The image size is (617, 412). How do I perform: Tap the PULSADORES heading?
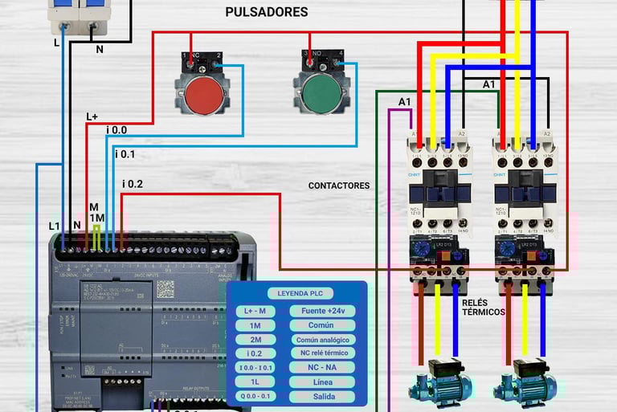(x=266, y=12)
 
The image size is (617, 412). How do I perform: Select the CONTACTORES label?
(x=339, y=186)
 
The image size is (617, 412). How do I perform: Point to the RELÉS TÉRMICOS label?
(x=484, y=307)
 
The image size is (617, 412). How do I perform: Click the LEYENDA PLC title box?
(x=300, y=293)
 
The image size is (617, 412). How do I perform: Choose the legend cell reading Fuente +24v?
(x=321, y=311)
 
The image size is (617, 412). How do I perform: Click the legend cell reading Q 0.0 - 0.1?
(x=255, y=397)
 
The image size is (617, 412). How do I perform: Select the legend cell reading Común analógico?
(x=321, y=339)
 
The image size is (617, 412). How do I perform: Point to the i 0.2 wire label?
(x=133, y=184)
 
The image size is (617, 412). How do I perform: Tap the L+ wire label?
(x=92, y=116)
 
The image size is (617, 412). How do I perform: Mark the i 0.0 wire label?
(x=116, y=129)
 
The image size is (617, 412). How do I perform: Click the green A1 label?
(x=405, y=101)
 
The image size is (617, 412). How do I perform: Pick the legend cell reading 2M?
(x=255, y=339)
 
